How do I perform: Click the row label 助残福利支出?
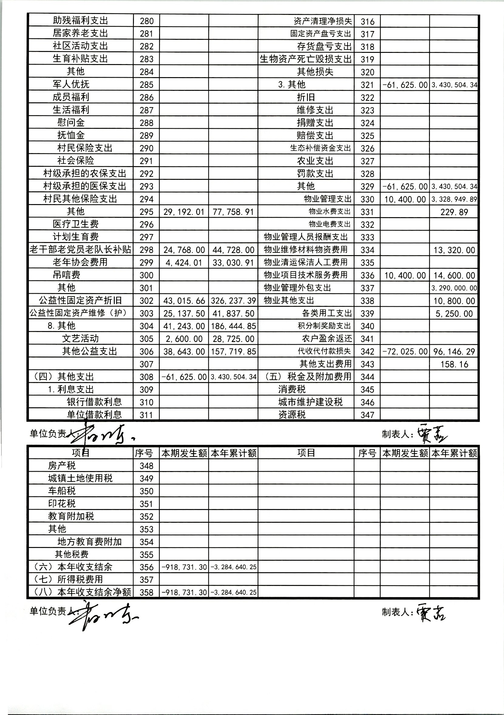[x=80, y=21]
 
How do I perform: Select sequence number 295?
[x=146, y=212]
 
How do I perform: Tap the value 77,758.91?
[x=233, y=212]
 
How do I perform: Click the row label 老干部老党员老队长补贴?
[x=80, y=250]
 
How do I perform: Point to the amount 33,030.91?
[x=233, y=262]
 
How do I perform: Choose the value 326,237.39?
[x=233, y=300]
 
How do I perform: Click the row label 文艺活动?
[x=80, y=338]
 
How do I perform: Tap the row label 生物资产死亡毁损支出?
[x=306, y=59]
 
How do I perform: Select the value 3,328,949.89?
[x=454, y=199]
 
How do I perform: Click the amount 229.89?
[x=454, y=212]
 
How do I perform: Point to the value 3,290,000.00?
[x=454, y=288]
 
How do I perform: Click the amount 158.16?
[x=454, y=364]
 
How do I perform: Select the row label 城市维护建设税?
[x=310, y=402]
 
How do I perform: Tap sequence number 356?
[x=146, y=567]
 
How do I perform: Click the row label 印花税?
[x=62, y=504]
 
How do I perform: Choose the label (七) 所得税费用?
[x=68, y=580]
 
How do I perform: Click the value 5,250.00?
[x=454, y=313]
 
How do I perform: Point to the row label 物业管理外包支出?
[x=297, y=288]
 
